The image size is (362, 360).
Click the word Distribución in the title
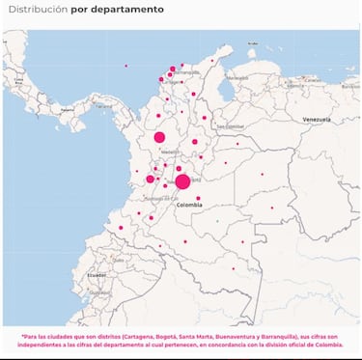pyautogui.click(x=37, y=9)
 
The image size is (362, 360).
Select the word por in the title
pyautogui.click(x=81, y=9)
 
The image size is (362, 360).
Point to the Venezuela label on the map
pyautogui.click(x=317, y=119)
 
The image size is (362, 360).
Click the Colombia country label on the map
pyautogui.click(x=189, y=205)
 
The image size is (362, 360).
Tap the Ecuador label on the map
pyautogui.click(x=97, y=275)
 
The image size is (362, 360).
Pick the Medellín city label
pyautogui.click(x=169, y=152)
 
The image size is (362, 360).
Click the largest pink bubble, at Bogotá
pyautogui.click(x=182, y=181)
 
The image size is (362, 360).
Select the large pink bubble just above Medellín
pyautogui.click(x=159, y=137)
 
